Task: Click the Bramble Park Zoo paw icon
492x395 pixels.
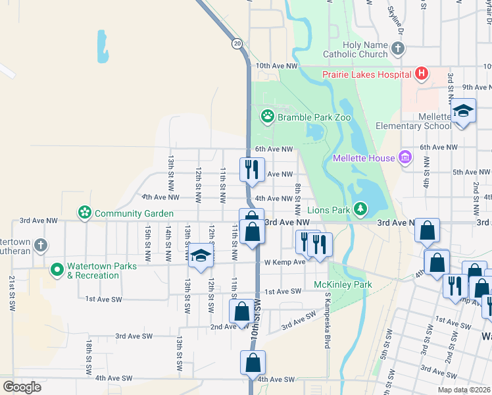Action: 267,117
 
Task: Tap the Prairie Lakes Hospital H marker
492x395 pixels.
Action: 422,74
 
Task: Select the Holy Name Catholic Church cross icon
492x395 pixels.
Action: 397,49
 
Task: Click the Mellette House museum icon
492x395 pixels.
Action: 405,157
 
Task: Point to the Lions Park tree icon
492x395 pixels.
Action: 360,209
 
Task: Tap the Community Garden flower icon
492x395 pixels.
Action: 84,213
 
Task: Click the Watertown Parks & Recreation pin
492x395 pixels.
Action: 57,270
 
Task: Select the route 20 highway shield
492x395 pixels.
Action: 236,43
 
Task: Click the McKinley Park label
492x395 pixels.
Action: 343,285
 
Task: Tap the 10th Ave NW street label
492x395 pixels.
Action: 277,66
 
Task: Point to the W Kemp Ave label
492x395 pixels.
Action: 285,262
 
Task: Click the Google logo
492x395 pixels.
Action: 22,387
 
